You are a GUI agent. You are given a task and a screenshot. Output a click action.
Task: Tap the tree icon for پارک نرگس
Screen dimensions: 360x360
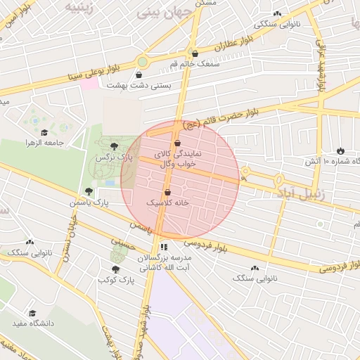115,144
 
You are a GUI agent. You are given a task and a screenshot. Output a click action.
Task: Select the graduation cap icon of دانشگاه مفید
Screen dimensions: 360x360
32,314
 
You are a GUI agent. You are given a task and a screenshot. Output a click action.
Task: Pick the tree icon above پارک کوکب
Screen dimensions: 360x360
115,268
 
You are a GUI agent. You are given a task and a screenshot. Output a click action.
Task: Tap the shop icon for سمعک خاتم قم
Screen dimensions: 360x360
195,53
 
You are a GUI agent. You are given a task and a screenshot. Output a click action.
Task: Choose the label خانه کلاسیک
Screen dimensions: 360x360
168,202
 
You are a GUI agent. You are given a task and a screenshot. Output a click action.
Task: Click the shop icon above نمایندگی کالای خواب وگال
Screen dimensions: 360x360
177,143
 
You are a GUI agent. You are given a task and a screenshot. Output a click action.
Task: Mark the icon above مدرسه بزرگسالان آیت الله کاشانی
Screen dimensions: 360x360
164,247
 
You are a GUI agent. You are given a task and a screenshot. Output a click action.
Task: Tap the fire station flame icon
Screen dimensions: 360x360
341,150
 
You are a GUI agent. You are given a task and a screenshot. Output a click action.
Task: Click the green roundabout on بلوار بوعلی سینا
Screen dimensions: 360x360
142,61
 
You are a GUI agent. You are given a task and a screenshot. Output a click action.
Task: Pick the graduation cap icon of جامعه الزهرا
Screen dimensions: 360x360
44,132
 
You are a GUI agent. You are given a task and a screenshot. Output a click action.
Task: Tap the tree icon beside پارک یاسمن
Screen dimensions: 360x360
89,191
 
